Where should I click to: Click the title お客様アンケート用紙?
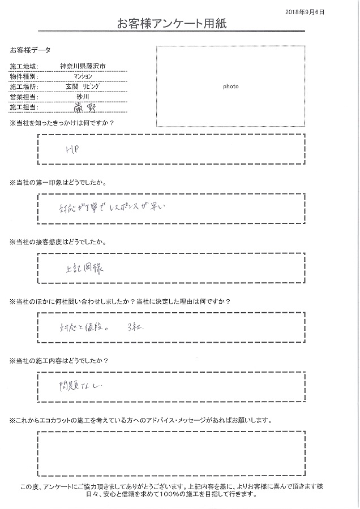[173, 24]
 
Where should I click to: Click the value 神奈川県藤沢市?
[83, 67]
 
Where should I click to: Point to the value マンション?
[83, 77]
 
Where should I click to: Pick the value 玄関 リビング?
[83, 87]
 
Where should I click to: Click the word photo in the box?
[230, 87]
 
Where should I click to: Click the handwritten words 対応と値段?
[80, 327]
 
